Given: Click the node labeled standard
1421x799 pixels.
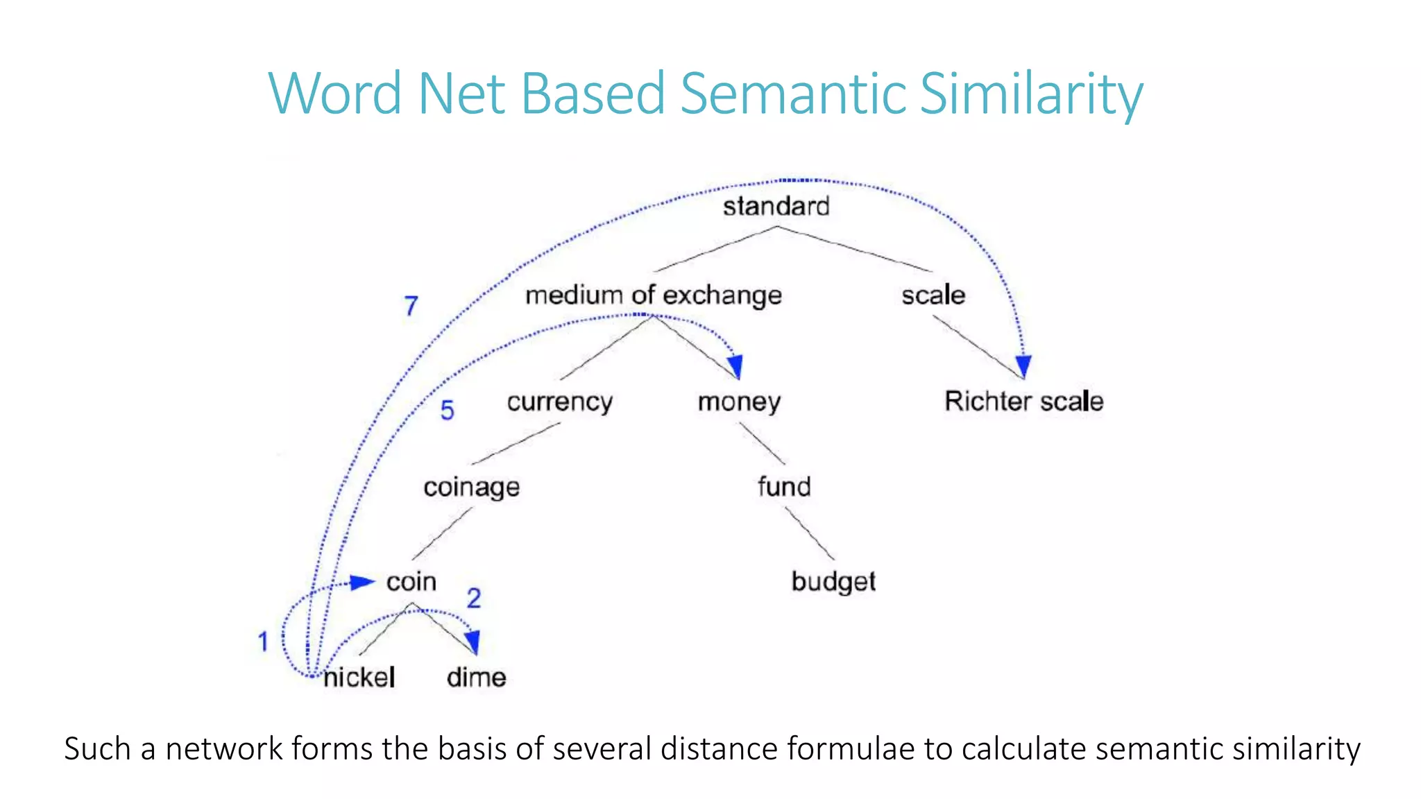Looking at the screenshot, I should (x=776, y=206).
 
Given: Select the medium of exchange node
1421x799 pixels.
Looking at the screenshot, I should (x=653, y=295).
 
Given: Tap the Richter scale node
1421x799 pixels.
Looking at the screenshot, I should (x=1023, y=401).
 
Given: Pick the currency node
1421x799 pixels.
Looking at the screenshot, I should (x=559, y=402).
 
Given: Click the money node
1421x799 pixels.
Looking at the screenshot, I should (x=739, y=402).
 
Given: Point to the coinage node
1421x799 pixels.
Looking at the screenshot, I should (x=471, y=487).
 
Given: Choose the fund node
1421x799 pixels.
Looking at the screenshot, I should (x=784, y=486).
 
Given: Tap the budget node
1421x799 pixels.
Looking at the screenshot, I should (x=833, y=581).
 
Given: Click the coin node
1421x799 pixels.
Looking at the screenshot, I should (x=411, y=581).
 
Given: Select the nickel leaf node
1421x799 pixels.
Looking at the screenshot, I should (x=359, y=677).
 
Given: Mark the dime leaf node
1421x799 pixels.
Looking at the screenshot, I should (x=476, y=677).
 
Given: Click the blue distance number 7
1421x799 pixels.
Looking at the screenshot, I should (x=411, y=306).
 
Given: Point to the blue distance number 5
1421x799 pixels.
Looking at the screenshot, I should (x=448, y=411).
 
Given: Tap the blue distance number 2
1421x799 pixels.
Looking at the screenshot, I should (x=474, y=598).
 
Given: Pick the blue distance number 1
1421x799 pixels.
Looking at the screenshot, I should (x=263, y=642).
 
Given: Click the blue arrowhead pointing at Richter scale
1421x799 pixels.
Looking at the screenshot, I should (x=1023, y=366).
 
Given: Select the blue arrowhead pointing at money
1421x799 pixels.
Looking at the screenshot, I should (x=735, y=365).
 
